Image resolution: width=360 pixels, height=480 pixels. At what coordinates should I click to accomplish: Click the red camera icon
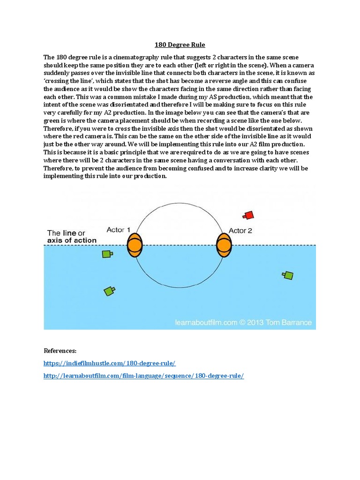point(248,215)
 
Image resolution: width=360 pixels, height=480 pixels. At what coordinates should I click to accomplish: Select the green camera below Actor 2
point(288,275)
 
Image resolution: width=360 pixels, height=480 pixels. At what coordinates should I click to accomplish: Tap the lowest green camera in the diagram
point(109,291)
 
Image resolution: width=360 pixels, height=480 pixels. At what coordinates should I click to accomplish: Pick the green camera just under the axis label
point(107,254)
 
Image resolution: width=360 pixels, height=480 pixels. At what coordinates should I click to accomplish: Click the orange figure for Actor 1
point(135,245)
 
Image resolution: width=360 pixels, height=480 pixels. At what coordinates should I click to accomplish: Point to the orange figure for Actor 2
point(224,245)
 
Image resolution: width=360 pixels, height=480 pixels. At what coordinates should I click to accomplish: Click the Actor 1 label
point(119,230)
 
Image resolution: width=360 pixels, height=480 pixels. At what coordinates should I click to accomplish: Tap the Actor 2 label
point(240,230)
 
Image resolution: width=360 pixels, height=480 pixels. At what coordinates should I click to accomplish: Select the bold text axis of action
point(72,240)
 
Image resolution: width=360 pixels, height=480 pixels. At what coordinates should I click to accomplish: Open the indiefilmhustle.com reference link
point(110,363)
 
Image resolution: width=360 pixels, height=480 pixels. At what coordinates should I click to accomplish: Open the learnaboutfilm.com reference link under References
point(144,376)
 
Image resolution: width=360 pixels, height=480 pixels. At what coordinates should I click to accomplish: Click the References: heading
point(60,351)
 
